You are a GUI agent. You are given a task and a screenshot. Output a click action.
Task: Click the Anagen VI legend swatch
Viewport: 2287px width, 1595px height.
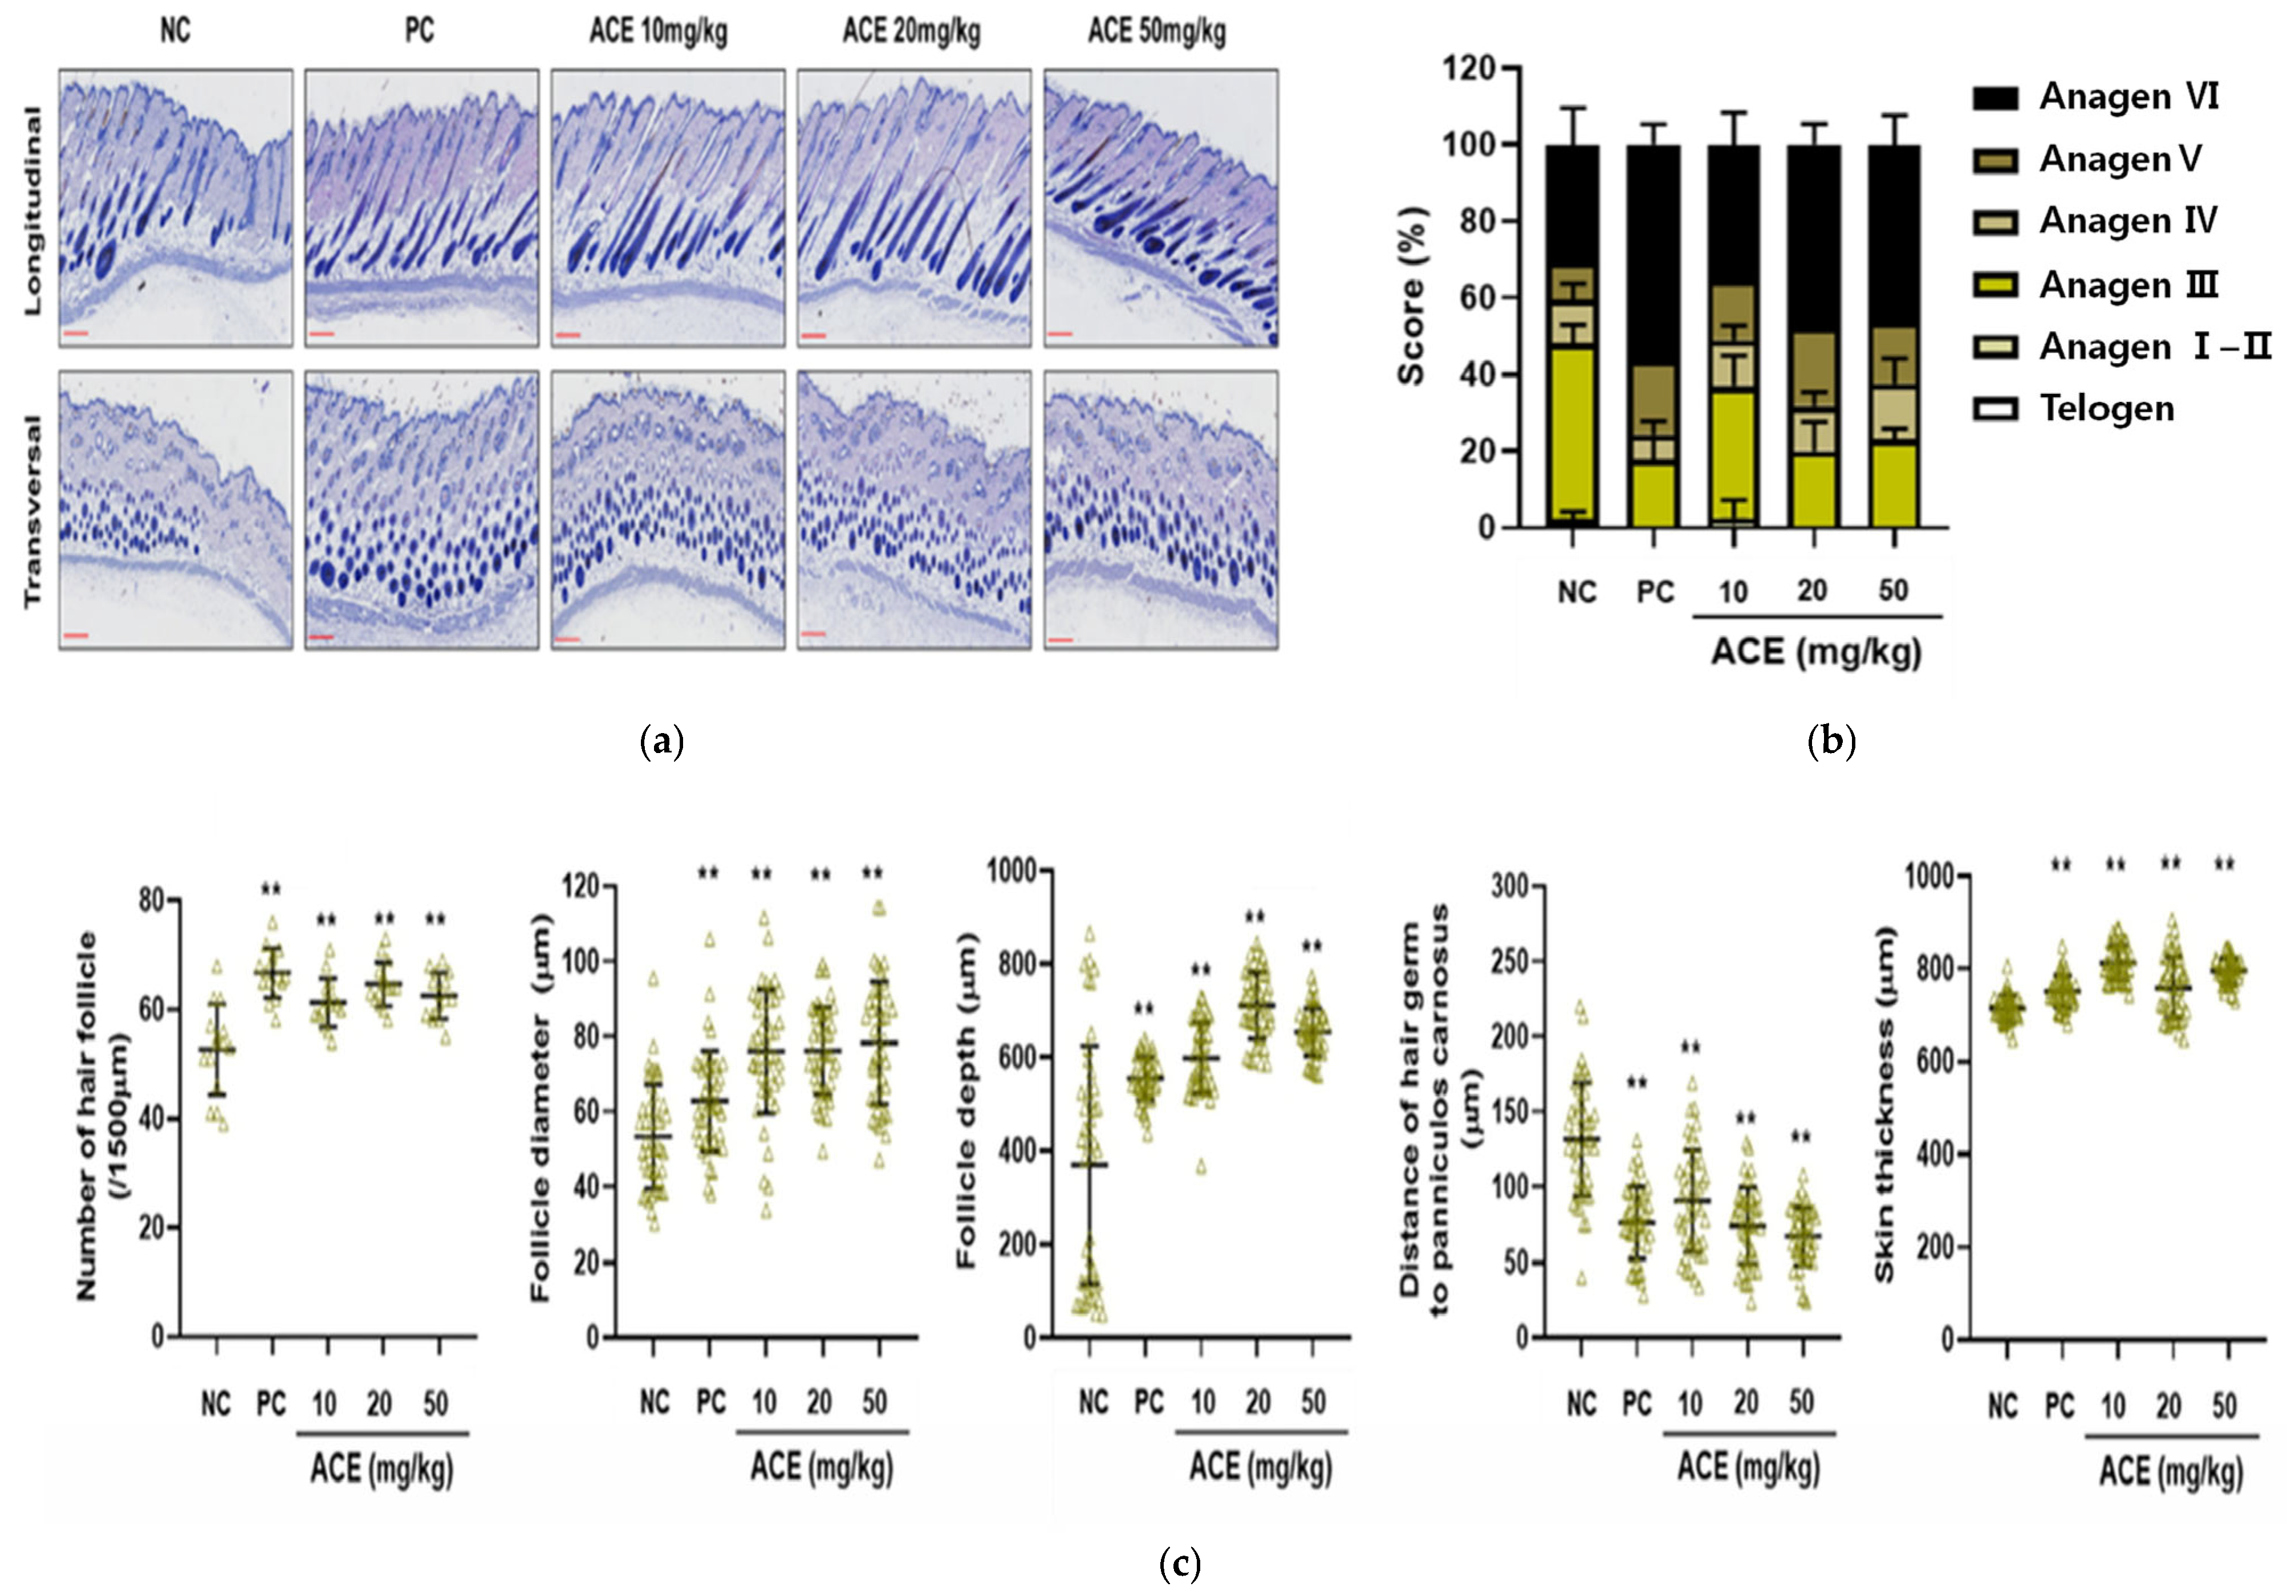(x=1995, y=97)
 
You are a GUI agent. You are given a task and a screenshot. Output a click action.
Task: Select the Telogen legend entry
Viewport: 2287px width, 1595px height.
(x=2106, y=408)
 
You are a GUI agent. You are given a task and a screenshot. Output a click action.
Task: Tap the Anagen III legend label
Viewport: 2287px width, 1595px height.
(x=2128, y=285)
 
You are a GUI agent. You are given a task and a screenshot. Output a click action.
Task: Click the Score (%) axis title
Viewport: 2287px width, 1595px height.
(x=1411, y=296)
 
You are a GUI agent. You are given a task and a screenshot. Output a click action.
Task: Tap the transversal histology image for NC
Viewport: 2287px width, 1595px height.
(x=175, y=510)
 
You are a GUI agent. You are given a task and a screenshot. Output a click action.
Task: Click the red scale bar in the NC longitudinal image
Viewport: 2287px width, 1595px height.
(x=77, y=333)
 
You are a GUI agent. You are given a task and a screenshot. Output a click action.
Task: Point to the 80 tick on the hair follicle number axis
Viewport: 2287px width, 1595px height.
(x=152, y=900)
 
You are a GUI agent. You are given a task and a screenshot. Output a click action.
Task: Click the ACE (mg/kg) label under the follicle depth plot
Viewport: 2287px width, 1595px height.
(x=1260, y=1467)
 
